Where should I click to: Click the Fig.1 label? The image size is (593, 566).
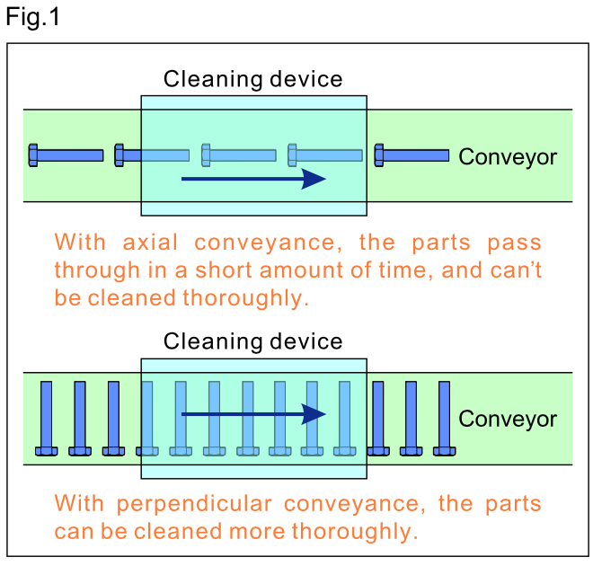tap(33, 17)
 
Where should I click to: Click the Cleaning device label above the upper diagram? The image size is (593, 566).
tap(253, 79)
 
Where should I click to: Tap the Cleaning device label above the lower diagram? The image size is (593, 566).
tap(253, 341)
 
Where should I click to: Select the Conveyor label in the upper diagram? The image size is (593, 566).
tap(508, 157)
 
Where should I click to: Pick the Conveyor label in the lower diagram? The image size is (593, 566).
tap(508, 420)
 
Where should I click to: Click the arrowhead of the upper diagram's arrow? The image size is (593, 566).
tap(314, 179)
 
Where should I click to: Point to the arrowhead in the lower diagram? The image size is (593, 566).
tap(314, 414)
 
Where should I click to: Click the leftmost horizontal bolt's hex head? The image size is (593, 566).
tap(33, 155)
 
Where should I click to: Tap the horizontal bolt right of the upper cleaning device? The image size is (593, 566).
tap(412, 155)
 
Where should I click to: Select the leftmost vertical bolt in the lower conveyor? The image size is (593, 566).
tap(46, 418)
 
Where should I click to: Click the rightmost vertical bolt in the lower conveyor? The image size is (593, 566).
tap(445, 418)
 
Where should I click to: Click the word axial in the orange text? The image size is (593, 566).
tap(150, 242)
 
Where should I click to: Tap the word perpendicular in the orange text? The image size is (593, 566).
tap(194, 505)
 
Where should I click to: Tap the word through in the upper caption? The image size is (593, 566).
tap(97, 270)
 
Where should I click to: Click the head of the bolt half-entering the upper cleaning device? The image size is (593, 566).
tap(119, 155)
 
